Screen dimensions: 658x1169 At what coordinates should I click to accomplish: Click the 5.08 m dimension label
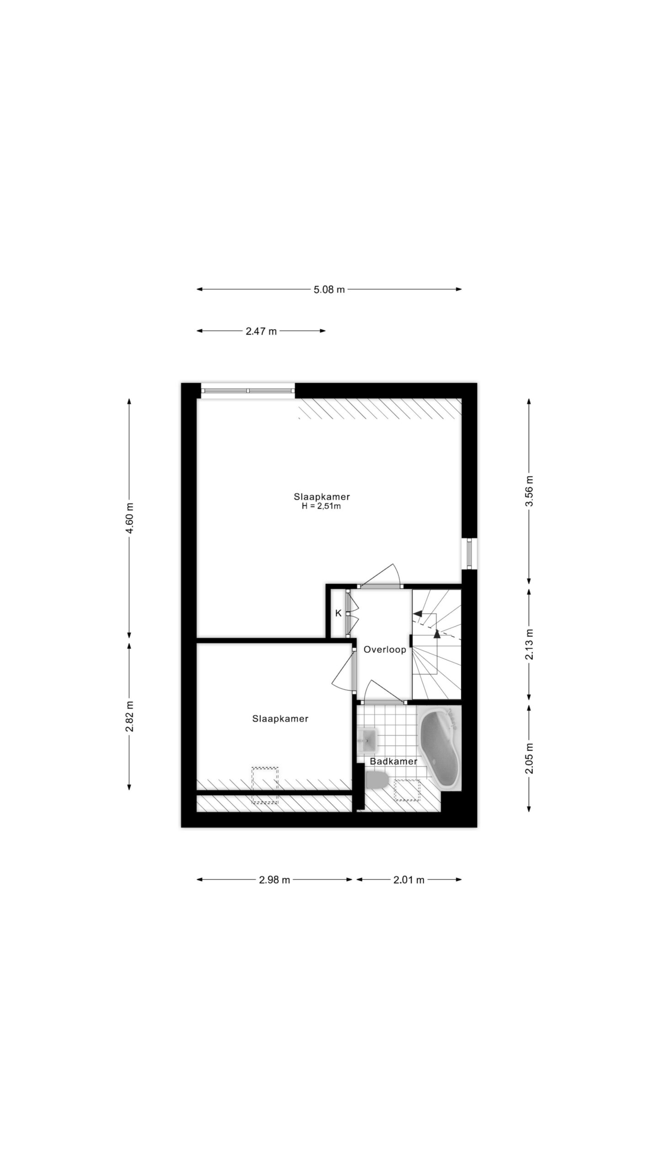pyautogui.click(x=329, y=289)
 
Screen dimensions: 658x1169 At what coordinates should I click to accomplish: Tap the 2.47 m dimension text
pyautogui.click(x=261, y=331)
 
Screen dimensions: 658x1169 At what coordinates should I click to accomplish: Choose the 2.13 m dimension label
pyautogui.click(x=529, y=644)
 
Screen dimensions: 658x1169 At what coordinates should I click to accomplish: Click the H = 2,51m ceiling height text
pyautogui.click(x=321, y=506)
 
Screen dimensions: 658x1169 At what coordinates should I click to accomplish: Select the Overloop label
pyautogui.click(x=385, y=649)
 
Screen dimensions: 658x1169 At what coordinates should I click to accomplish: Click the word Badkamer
pyautogui.click(x=393, y=761)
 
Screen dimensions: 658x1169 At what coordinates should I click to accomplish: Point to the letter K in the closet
pyautogui.click(x=339, y=613)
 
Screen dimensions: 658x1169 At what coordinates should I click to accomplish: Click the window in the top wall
pyautogui.click(x=248, y=391)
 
